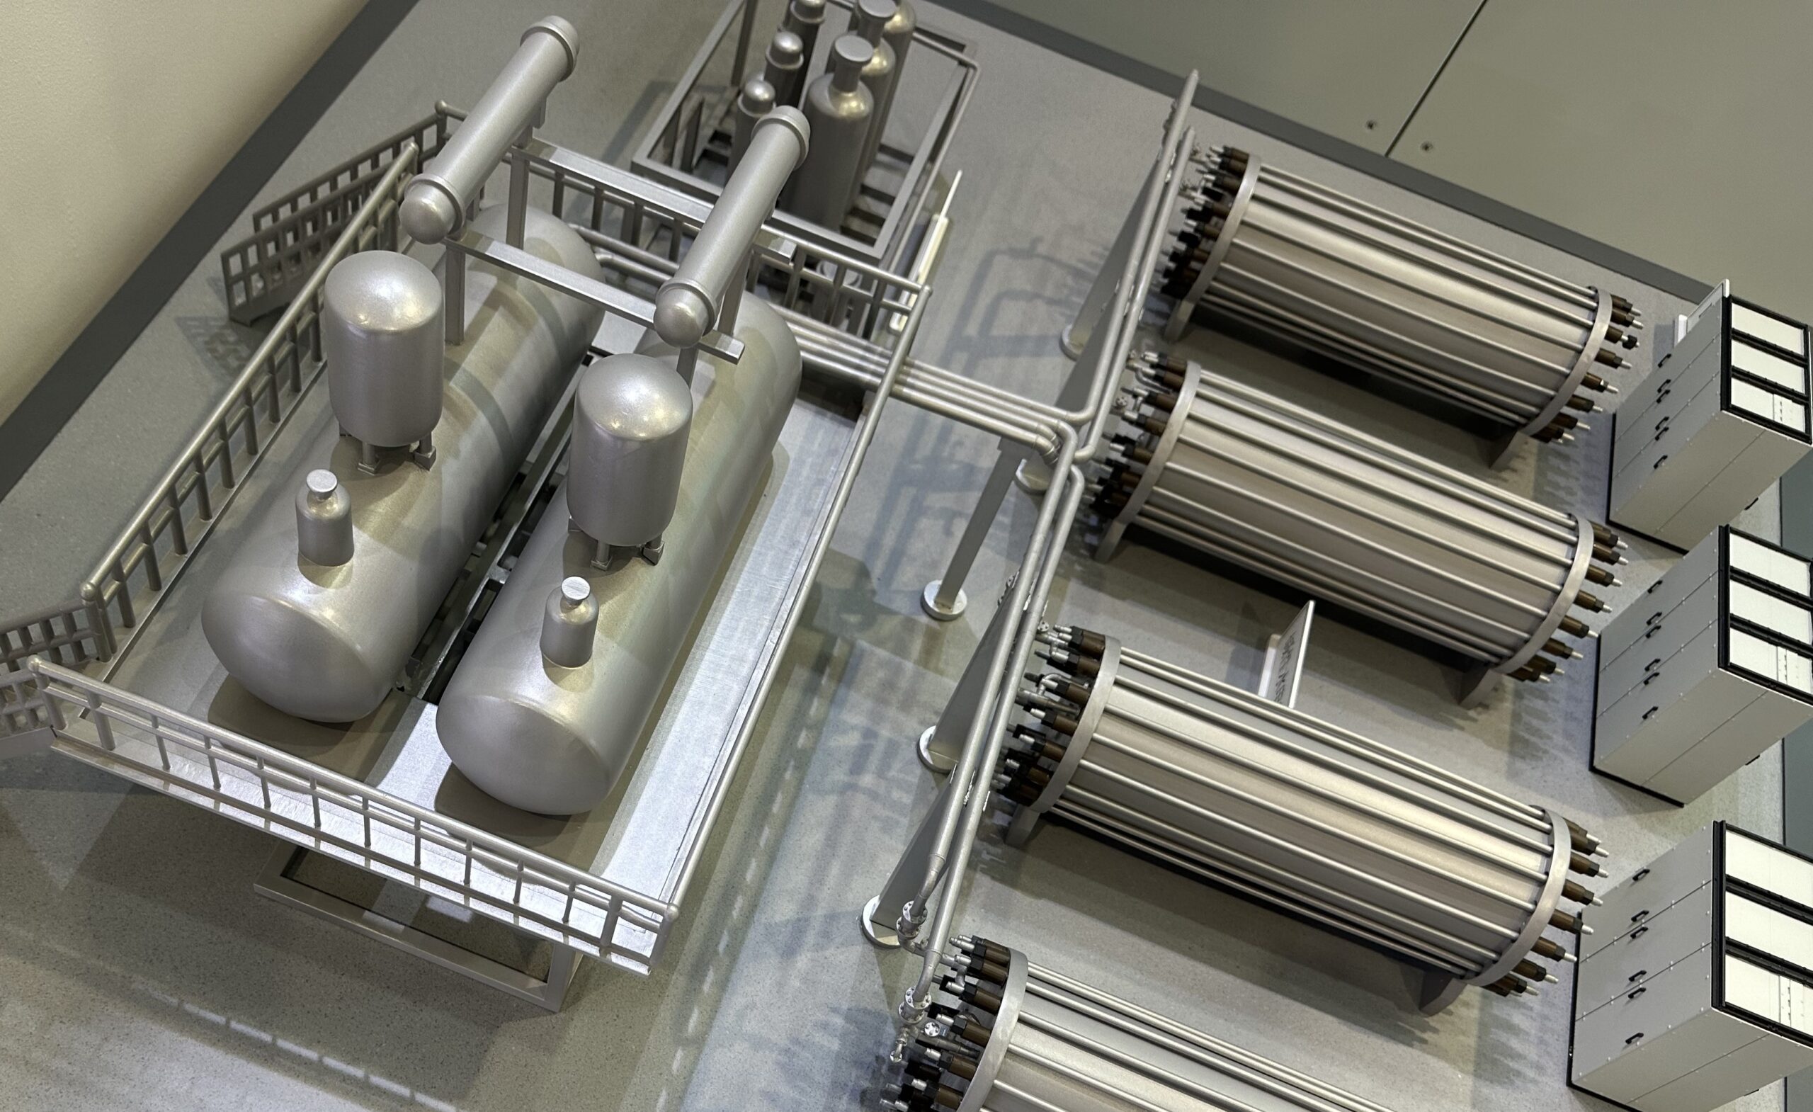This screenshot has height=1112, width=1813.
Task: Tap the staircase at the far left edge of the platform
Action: coord(37,662)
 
